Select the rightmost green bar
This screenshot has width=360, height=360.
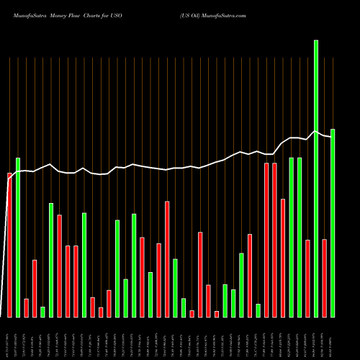[333, 223]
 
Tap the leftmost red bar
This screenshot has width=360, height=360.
[9, 245]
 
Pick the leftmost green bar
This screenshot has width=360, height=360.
[18, 237]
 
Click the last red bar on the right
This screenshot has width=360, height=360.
[324, 278]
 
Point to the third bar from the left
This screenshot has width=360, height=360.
[26, 307]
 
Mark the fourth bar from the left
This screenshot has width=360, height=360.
[35, 288]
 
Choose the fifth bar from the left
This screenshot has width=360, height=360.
[42, 312]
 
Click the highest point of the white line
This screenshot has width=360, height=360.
[315, 131]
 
